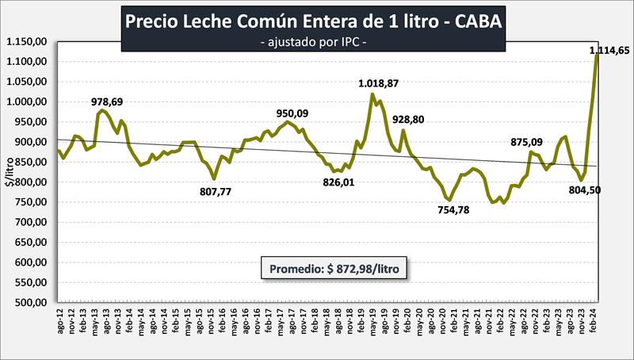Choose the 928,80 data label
pos(412,119)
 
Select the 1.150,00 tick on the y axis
pos(26,41)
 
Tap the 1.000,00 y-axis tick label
pos(26,101)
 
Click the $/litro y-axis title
pos(9,171)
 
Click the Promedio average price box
pos(336,270)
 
